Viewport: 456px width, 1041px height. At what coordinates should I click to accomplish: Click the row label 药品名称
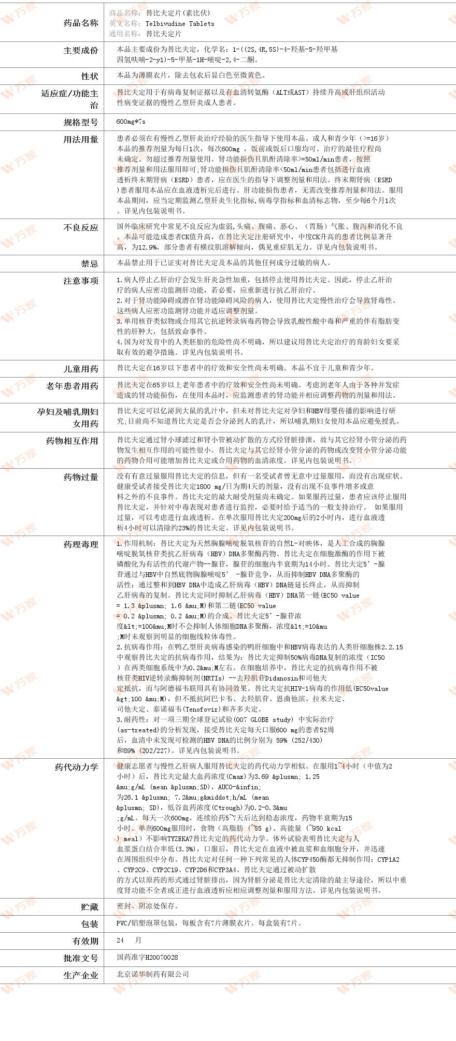pyautogui.click(x=80, y=23)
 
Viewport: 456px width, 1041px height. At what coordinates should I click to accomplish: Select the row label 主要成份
pyautogui.click(x=80, y=50)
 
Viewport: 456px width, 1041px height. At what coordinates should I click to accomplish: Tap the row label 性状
pyautogui.click(x=89, y=76)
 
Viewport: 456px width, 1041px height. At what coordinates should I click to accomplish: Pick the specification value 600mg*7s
pyautogui.click(x=131, y=122)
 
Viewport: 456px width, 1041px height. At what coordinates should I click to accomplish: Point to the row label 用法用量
pyautogui.click(x=80, y=139)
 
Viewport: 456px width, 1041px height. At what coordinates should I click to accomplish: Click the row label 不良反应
pyautogui.click(x=80, y=227)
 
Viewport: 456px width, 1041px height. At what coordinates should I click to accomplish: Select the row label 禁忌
pyautogui.click(x=89, y=264)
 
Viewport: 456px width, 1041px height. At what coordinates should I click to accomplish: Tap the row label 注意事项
pyautogui.click(x=80, y=281)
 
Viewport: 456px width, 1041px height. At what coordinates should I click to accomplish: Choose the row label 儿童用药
pyautogui.click(x=80, y=369)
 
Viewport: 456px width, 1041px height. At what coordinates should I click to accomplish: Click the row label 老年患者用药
pyautogui.click(x=72, y=386)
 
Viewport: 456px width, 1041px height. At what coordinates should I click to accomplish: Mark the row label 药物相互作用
pyautogui.click(x=72, y=441)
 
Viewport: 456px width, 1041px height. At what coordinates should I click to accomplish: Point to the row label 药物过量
pyautogui.click(x=80, y=477)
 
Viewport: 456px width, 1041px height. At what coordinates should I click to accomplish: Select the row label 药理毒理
pyautogui.click(x=80, y=544)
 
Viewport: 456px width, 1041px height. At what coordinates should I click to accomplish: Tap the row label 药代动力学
pyautogui.click(x=76, y=767)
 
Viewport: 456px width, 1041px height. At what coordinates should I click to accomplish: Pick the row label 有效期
pyautogui.click(x=85, y=941)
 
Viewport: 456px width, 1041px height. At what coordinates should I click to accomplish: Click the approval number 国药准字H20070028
pyautogui.click(x=147, y=957)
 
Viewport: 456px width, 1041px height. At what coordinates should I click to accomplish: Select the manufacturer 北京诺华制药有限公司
pyautogui.click(x=153, y=974)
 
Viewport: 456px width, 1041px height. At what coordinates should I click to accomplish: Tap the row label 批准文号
pyautogui.click(x=80, y=958)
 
